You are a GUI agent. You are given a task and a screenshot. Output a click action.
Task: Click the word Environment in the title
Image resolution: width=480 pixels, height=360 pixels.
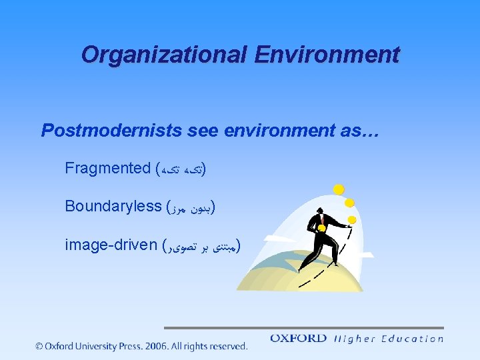pos(327,54)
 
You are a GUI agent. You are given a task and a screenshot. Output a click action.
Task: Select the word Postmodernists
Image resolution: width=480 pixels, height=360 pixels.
pos(111,130)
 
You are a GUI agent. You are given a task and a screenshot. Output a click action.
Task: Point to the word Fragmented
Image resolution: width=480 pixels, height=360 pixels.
pos(107,168)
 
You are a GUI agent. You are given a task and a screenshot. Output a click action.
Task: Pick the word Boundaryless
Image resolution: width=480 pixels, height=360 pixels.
pos(113,206)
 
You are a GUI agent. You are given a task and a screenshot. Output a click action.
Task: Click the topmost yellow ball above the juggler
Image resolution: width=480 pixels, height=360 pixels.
pos(339,189)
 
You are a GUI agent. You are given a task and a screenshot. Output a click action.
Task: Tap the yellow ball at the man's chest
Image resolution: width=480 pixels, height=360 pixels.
pos(321,228)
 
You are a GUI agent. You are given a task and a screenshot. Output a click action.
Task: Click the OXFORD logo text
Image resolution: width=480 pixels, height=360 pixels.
pos(299,339)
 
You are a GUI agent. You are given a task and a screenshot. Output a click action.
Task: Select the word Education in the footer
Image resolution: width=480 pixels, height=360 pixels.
pos(412,339)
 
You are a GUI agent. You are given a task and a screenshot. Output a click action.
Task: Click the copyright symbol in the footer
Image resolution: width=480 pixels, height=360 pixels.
pos(39,346)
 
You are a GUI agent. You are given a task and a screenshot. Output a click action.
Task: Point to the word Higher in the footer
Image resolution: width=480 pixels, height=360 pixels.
pos(355,339)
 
